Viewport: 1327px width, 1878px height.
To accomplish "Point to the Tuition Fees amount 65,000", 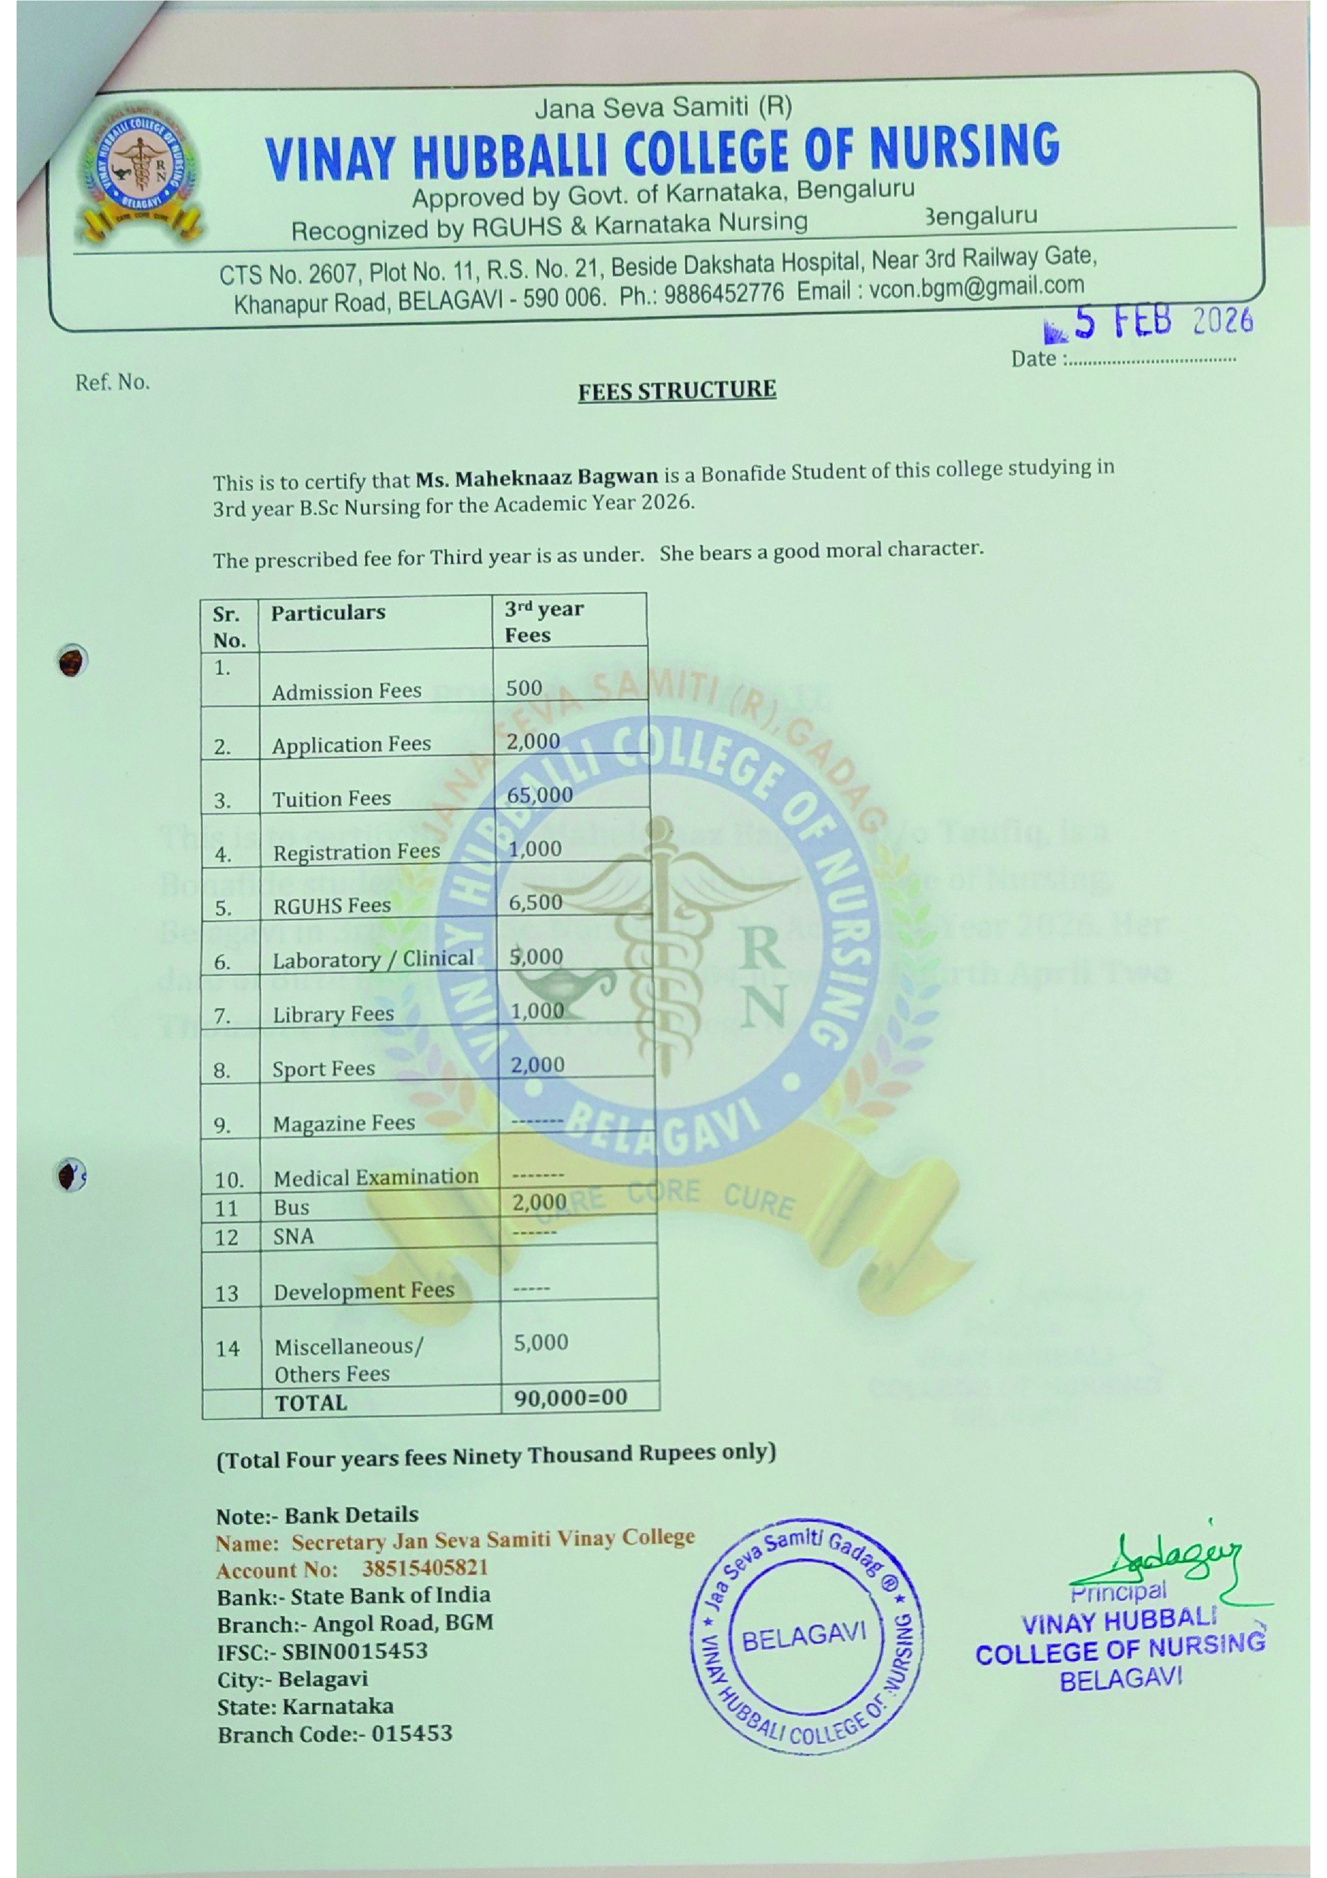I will pos(540,795).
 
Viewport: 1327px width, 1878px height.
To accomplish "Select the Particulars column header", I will pos(328,613).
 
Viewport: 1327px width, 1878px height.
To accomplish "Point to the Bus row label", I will pos(292,1207).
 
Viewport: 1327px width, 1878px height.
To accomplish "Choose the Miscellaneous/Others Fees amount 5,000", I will pos(540,1342).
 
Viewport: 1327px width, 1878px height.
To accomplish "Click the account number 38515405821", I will pos(424,1568).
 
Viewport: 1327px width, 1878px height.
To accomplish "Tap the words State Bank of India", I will pos(391,1596).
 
